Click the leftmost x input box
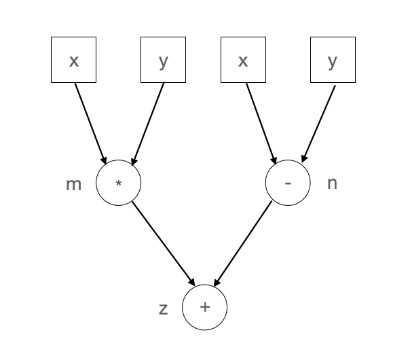click(x=73, y=60)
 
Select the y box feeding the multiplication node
click(x=163, y=60)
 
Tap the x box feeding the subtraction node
click(x=243, y=60)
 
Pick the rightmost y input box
click(x=333, y=60)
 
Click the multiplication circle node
click(x=119, y=183)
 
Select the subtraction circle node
click(x=288, y=183)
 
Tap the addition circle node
click(x=204, y=307)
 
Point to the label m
click(x=73, y=183)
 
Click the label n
click(x=332, y=183)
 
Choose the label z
click(x=163, y=309)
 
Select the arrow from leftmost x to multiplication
click(x=90, y=122)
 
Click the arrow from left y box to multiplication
click(x=147, y=122)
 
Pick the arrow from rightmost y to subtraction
click(x=318, y=122)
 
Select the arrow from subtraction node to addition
click(x=242, y=243)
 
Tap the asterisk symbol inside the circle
click(x=119, y=183)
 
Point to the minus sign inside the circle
click(x=288, y=183)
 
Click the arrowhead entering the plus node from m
click(x=193, y=281)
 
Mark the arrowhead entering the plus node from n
click(x=217, y=281)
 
